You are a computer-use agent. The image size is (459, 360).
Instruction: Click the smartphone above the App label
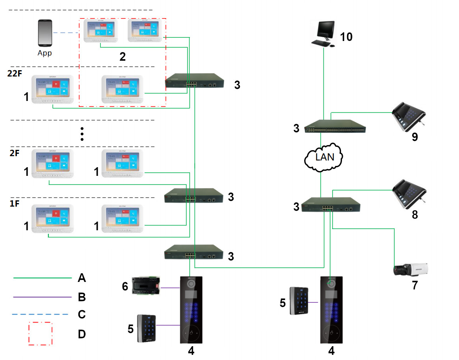click(x=45, y=34)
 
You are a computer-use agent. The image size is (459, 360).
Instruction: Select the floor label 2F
click(x=14, y=153)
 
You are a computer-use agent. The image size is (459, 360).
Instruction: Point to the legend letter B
click(x=82, y=297)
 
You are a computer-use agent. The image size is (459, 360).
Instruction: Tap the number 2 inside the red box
click(x=123, y=57)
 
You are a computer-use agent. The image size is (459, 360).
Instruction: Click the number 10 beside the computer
click(x=346, y=37)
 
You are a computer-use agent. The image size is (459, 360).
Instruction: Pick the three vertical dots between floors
click(x=82, y=134)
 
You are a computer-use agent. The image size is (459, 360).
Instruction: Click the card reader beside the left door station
click(x=147, y=328)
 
